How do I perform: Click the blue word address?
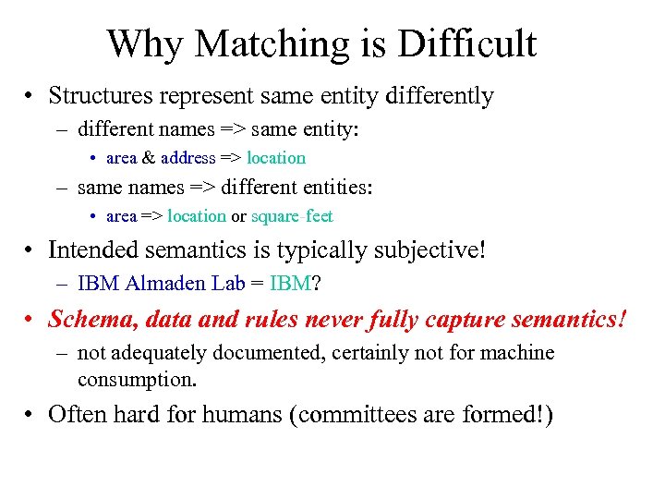pyautogui.click(x=187, y=158)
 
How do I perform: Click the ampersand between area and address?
pyautogui.click(x=149, y=158)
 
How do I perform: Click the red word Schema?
pyautogui.click(x=85, y=319)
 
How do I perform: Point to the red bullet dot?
pyautogui.click(x=31, y=320)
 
